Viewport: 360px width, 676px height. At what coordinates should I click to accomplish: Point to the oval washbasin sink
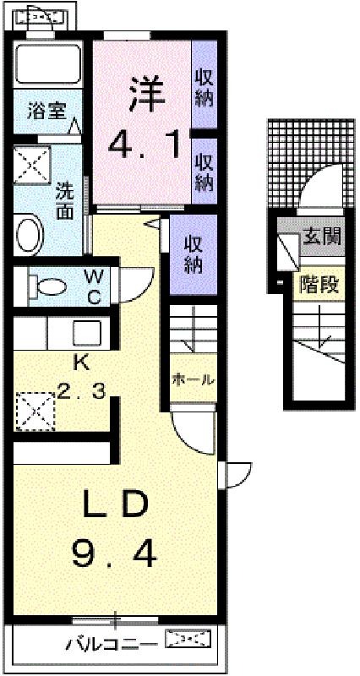pos(30,235)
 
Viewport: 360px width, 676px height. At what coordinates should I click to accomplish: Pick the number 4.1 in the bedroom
pos(144,145)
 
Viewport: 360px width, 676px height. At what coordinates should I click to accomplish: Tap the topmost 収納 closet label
pos(205,89)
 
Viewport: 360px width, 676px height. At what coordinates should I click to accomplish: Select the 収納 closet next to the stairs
pos(194,254)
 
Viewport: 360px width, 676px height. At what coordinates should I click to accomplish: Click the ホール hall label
pos(193,380)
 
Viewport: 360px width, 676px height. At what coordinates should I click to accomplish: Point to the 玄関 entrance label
pos(322,235)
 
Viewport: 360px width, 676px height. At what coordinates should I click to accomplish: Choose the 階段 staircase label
pos(319,285)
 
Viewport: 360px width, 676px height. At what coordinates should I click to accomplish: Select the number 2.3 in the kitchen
pos(82,392)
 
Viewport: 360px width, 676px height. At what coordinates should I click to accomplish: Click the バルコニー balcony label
pos(112,645)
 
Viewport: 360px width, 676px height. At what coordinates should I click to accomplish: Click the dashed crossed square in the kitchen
pos(35,412)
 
